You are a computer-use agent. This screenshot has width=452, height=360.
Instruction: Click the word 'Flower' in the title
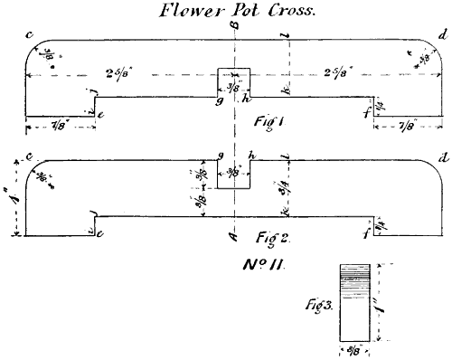point(186,12)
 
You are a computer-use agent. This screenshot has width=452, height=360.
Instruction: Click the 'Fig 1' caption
point(266,119)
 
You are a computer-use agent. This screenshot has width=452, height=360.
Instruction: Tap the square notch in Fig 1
point(231,81)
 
